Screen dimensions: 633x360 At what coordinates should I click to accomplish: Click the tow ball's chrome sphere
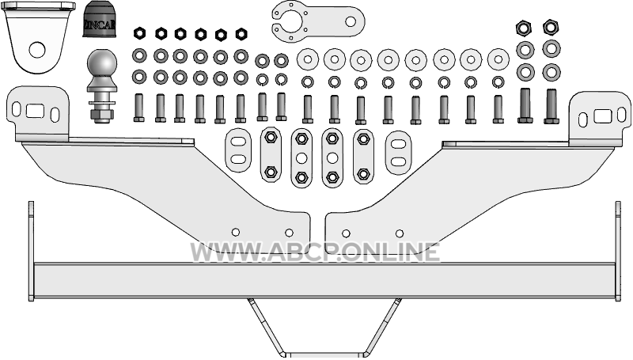102,63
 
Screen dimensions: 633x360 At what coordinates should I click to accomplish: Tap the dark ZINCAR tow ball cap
97,19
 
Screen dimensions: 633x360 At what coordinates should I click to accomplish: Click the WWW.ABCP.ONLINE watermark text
315,252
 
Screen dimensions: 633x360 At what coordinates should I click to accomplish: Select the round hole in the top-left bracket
37,50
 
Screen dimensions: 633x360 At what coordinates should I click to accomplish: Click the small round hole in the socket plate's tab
351,21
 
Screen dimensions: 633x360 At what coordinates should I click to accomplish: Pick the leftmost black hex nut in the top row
139,32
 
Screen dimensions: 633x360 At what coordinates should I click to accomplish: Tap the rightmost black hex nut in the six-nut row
241,33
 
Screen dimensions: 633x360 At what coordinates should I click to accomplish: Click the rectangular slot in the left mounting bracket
35,111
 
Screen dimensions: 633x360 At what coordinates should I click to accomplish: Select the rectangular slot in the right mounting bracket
603,116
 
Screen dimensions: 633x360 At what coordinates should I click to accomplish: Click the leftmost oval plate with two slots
238,150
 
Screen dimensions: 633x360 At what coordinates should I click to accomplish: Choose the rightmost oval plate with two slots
399,153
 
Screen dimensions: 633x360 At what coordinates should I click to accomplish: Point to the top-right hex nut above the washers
551,27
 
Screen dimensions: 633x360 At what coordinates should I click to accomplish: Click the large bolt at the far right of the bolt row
552,107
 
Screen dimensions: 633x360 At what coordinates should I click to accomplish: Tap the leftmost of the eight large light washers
308,59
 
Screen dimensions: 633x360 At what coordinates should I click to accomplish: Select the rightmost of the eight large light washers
498,59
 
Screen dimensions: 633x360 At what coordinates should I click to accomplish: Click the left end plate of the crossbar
31,251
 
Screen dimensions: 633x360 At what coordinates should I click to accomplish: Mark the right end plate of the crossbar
618,251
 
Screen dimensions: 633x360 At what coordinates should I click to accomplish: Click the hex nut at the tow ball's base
101,115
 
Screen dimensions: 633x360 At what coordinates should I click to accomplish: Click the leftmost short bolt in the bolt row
139,108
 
